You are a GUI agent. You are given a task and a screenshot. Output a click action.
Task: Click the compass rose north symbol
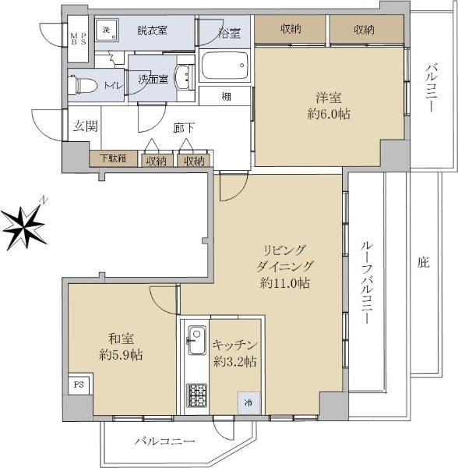point(24,227)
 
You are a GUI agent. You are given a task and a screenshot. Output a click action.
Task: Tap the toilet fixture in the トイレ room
point(83,85)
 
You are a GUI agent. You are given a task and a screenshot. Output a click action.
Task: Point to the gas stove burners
point(196,395)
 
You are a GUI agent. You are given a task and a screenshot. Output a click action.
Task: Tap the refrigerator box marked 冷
point(249,403)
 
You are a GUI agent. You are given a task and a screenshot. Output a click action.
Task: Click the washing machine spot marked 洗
point(107,30)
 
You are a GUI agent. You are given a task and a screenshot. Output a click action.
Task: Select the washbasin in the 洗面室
point(181,77)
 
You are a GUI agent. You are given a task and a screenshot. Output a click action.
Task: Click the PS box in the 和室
point(79,384)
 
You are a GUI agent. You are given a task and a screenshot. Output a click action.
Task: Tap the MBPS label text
point(78,39)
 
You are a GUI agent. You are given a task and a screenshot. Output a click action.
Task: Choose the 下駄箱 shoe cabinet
point(114,158)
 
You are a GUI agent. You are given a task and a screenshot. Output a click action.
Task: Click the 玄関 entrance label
point(86,126)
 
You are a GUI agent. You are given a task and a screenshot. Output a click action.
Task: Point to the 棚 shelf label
point(226,97)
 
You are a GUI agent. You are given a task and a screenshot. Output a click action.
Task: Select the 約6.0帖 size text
point(329,114)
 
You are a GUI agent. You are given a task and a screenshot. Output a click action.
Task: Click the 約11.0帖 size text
point(284,283)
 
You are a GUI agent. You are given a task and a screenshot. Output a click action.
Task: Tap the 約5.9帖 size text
point(121,355)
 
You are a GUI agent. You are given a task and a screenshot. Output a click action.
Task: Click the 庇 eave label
point(424,262)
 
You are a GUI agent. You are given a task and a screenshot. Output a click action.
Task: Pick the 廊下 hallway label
point(184,129)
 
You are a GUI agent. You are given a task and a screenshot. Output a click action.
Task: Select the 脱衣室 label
point(152,30)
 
